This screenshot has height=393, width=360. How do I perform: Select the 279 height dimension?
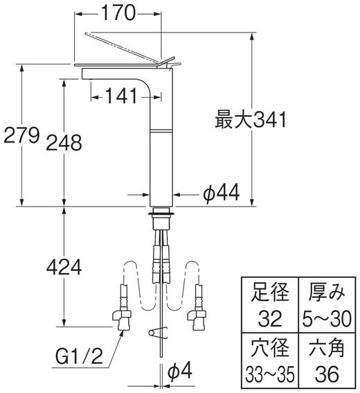pyautogui.click(x=19, y=134)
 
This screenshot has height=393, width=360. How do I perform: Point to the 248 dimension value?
pyautogui.click(x=64, y=143)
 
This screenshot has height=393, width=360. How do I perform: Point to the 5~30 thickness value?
pyautogui.click(x=325, y=319)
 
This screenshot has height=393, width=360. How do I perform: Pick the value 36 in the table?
pyautogui.click(x=325, y=375)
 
